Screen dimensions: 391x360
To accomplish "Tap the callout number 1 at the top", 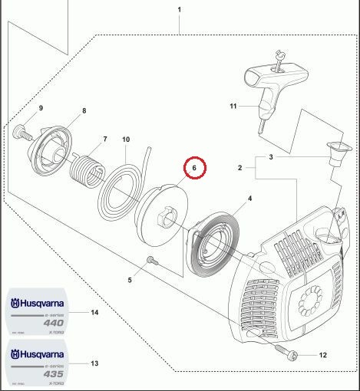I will coord(179,9).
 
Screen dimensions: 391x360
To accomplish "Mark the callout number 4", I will coord(249,198).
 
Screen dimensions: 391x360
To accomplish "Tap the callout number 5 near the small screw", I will coord(130,280).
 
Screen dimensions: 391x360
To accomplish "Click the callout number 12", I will coord(323,354).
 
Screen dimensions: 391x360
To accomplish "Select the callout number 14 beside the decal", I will coord(94,313).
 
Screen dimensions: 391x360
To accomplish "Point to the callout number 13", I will coord(94,363).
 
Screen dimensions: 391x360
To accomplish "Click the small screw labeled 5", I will coord(149,264).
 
